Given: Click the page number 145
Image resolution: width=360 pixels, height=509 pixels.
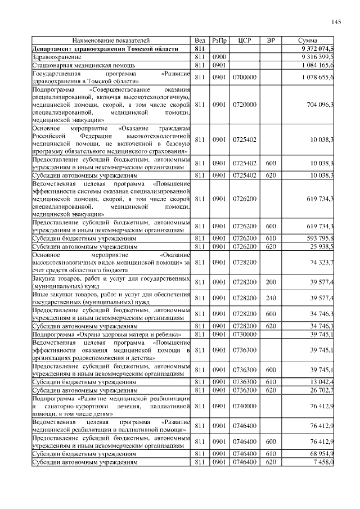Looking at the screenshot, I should click(336, 22).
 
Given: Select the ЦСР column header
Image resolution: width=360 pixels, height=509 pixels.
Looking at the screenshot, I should click(245, 41).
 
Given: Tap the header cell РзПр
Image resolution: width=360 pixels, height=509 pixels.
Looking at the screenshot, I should click(219, 41).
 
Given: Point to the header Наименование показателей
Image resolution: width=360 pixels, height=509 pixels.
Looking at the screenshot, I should click(111, 41).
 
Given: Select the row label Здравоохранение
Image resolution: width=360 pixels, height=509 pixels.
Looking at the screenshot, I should click(55, 57).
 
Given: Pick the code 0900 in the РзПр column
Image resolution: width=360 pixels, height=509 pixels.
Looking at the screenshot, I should click(219, 57).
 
